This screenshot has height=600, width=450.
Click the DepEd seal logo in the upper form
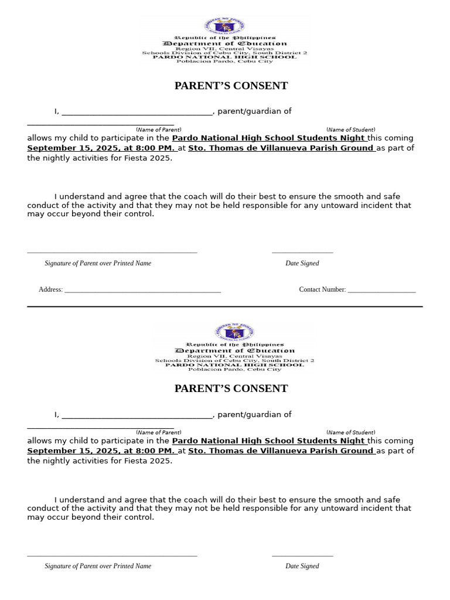(x=224, y=26)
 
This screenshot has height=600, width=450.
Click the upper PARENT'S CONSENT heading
(x=231, y=86)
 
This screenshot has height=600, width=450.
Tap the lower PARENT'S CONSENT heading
(x=231, y=389)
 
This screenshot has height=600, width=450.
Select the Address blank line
(x=142, y=291)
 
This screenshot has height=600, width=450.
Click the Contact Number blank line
(x=381, y=291)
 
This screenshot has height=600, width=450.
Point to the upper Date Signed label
(x=302, y=264)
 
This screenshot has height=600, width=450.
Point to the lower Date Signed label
(x=302, y=567)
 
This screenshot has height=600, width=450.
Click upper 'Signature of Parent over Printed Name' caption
(x=98, y=264)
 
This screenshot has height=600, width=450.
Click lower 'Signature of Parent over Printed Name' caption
(x=98, y=567)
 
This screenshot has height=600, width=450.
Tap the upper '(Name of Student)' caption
(x=350, y=130)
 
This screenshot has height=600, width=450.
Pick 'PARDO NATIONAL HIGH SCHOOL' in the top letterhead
(x=224, y=57)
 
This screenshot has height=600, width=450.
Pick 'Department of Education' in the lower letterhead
(x=234, y=351)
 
